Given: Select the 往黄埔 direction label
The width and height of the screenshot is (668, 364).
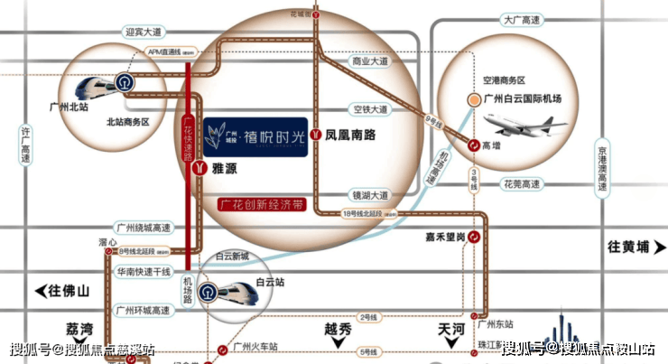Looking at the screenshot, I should [635, 247].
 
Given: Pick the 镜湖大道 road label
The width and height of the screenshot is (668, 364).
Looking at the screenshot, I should [370, 194].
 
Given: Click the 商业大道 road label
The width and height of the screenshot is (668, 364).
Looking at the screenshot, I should [370, 62].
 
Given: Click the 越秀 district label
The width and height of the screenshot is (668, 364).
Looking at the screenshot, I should [337, 330].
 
